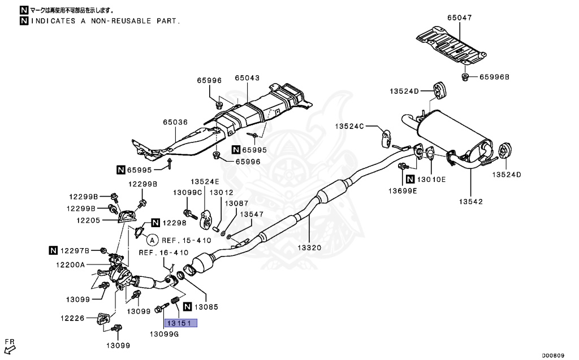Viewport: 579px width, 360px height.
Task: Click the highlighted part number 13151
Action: coord(180,324)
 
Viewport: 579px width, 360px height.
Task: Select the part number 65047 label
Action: coord(459,18)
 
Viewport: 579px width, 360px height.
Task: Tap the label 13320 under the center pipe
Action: coord(309,247)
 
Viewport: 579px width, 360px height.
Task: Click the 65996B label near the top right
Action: coord(495,77)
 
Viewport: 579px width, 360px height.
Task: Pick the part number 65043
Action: coord(247,78)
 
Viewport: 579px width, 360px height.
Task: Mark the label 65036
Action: coord(175,122)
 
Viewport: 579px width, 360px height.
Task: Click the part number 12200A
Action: coord(70,264)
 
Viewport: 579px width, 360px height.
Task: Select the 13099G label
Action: coord(164,334)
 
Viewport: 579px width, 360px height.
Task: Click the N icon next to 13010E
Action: coord(410,179)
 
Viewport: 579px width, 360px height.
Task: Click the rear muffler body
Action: coord(452,132)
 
